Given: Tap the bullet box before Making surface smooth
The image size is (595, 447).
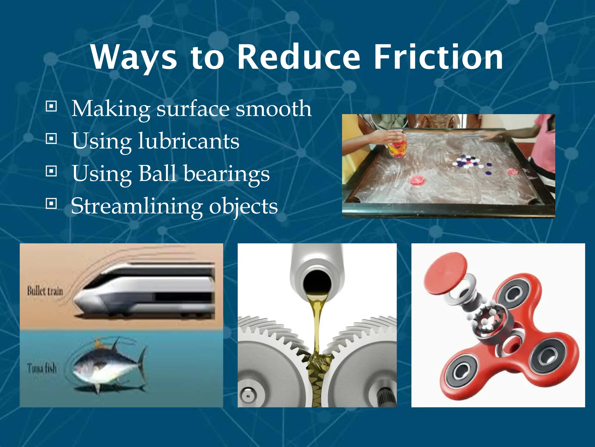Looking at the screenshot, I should (x=51, y=107).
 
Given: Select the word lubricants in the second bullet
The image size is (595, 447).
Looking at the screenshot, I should (x=189, y=141).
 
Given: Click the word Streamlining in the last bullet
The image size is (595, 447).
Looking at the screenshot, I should (x=137, y=206).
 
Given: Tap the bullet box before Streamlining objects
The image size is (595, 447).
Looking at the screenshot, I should (x=51, y=203).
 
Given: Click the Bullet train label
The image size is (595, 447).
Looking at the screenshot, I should (x=45, y=291).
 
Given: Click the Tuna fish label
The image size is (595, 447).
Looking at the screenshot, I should (x=42, y=368).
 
